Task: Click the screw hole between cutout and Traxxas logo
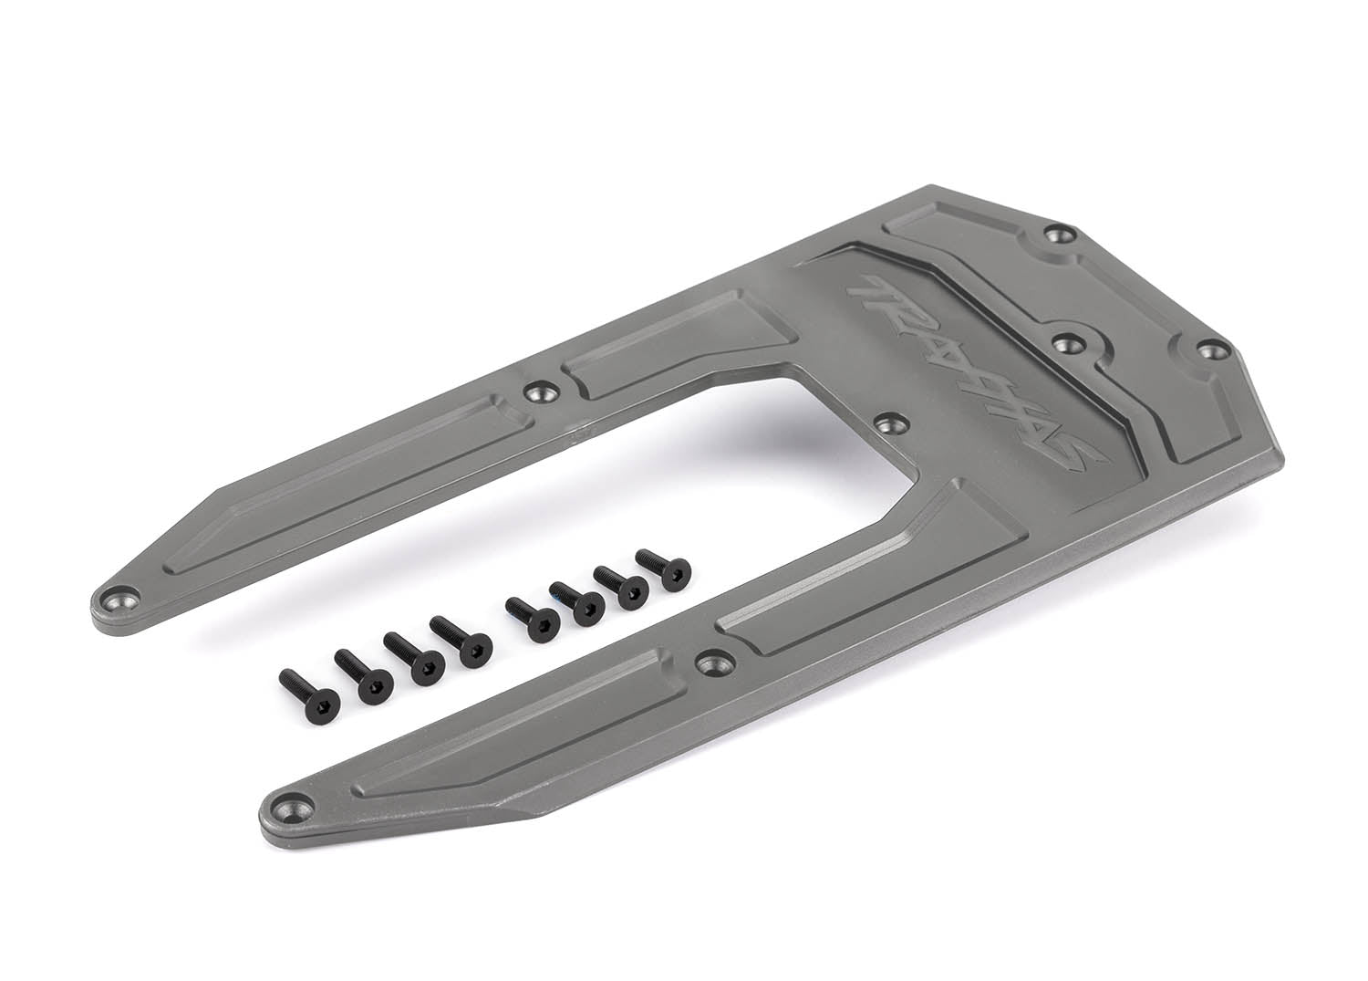(887, 424)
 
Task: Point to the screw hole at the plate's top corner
(1058, 235)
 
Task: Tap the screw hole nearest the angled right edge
(1207, 349)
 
